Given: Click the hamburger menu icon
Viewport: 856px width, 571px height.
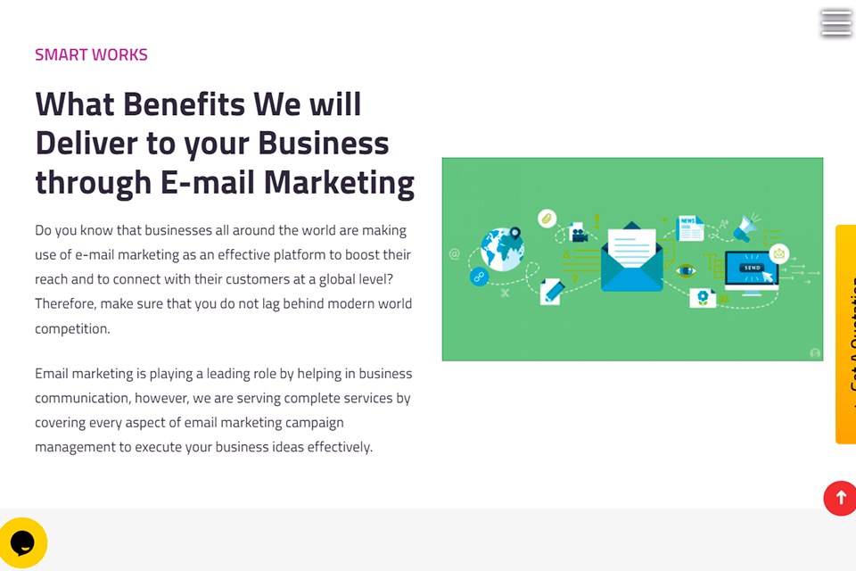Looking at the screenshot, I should click(x=835, y=23).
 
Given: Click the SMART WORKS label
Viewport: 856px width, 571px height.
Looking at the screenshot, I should click(x=91, y=54).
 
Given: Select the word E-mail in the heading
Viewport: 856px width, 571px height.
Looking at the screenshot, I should click(x=207, y=182).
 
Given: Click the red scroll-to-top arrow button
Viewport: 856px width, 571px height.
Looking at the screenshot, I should click(x=840, y=498).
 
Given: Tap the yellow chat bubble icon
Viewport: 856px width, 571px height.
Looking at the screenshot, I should click(x=22, y=542).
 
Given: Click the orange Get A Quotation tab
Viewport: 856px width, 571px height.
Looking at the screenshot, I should click(x=845, y=335).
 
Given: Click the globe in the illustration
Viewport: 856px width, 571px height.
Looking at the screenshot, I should click(x=501, y=249).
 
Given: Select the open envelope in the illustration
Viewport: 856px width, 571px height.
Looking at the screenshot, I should click(x=631, y=258).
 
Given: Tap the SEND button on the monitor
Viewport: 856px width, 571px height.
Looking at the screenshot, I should click(x=752, y=268).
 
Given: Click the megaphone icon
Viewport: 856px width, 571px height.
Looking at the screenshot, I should click(x=745, y=228).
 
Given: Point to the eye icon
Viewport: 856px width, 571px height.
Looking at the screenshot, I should click(x=685, y=269).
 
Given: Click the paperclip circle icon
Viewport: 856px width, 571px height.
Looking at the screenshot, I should click(x=547, y=219).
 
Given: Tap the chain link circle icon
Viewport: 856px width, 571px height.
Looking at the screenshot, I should click(x=479, y=277).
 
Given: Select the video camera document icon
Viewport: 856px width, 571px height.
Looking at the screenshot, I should click(x=578, y=234).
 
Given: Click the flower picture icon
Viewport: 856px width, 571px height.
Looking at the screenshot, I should click(x=702, y=297).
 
